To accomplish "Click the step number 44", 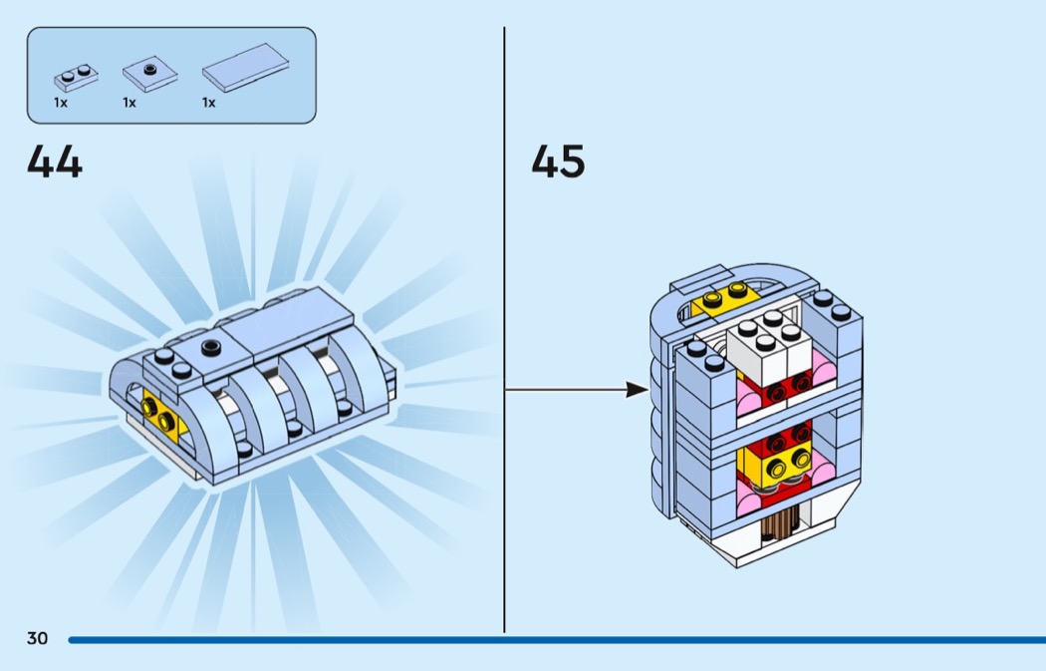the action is click(55, 163).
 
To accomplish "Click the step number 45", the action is click(558, 162).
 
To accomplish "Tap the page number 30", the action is click(38, 638).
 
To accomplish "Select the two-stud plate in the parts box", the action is click(76, 78).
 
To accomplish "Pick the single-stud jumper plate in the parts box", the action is click(149, 74).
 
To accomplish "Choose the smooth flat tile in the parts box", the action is click(245, 68).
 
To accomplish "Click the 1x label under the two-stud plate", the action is click(61, 103).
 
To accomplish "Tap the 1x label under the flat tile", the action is click(209, 103).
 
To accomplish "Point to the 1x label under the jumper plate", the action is click(130, 103).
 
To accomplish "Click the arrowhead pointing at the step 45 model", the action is click(638, 389).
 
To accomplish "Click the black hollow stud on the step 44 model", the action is click(211, 346).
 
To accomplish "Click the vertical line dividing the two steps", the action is click(504, 329).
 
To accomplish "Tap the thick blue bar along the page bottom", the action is click(557, 640).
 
